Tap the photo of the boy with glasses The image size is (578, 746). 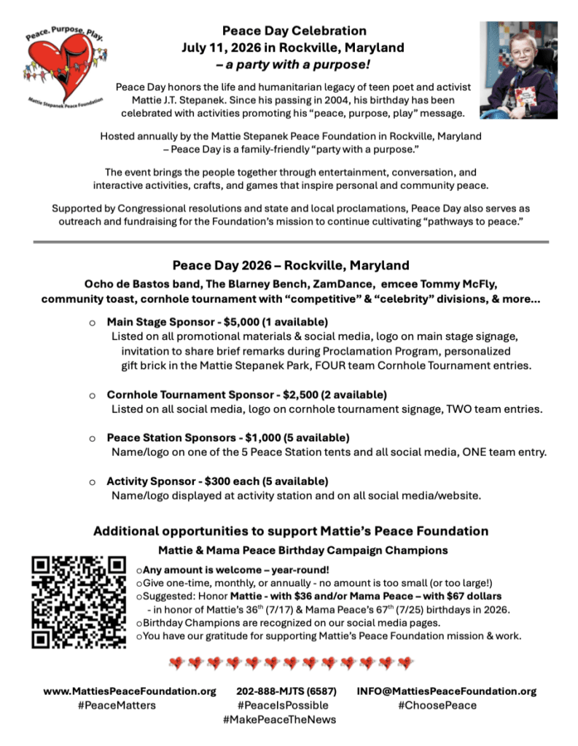[518, 70]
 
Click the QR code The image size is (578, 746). [79, 602]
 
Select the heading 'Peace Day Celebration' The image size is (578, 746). [294, 31]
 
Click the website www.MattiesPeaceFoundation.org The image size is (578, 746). [130, 691]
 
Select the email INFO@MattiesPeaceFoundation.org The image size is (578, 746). [446, 691]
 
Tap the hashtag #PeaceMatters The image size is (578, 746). [117, 705]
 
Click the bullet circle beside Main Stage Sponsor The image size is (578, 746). [91, 322]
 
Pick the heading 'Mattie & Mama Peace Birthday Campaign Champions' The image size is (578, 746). [302, 550]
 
